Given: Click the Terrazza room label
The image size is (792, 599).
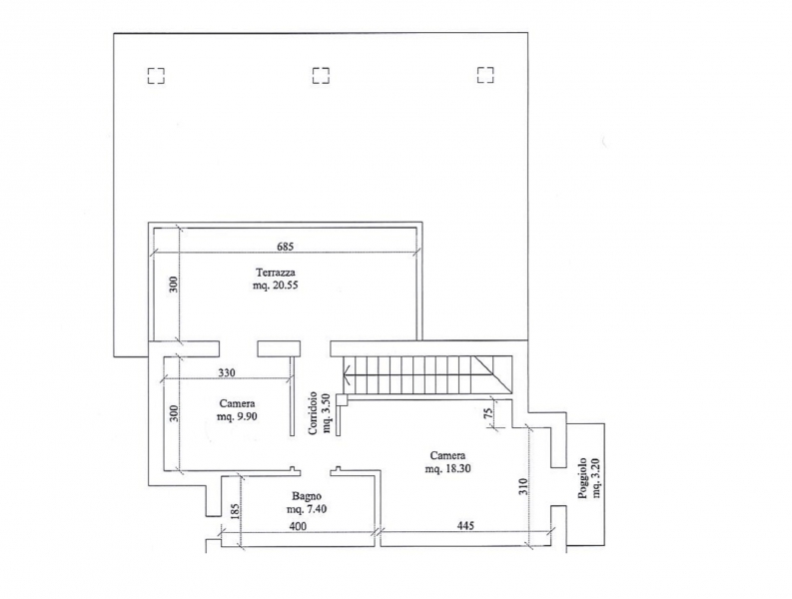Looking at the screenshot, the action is (x=276, y=273).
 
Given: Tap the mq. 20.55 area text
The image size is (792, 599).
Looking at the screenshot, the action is (x=276, y=286).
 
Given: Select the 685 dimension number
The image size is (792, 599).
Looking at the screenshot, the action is (x=286, y=247).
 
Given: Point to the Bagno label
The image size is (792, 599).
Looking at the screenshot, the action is (x=307, y=496).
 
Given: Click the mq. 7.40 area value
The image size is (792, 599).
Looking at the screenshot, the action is (x=307, y=509).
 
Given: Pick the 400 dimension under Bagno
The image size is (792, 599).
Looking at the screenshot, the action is (x=298, y=526).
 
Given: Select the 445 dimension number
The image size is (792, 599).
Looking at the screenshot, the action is (x=465, y=526).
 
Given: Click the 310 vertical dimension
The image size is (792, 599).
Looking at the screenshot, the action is (x=522, y=486).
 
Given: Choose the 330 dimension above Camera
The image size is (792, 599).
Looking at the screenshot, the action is (x=227, y=373).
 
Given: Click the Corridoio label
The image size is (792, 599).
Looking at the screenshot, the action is (x=314, y=413).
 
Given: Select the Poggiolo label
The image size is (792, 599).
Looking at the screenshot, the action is (x=583, y=478).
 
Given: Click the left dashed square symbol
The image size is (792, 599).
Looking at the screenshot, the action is (x=156, y=76).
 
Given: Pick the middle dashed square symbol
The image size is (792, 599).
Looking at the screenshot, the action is (x=321, y=75).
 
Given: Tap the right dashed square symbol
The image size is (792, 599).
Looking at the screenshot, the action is (x=485, y=75).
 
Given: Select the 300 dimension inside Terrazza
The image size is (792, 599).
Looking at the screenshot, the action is (x=173, y=286).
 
